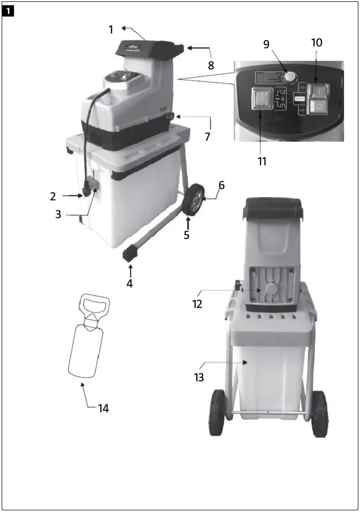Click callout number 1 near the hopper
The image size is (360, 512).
[x=111, y=30]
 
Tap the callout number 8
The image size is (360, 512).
[x=211, y=65]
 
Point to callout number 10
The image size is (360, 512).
[x=317, y=43]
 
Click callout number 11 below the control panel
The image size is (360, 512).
[x=262, y=161]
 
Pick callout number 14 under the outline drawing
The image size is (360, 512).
[x=103, y=408]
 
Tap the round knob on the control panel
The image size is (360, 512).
[x=290, y=76]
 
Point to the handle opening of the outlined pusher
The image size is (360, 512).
[x=95, y=305]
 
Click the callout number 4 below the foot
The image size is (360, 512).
[x=130, y=283]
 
